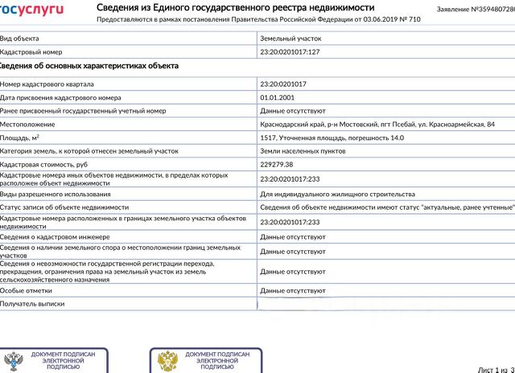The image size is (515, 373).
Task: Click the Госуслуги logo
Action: [31, 9]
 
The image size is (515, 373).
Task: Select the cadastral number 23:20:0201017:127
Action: [290, 51]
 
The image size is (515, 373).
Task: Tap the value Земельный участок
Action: [290, 38]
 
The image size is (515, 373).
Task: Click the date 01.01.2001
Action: [278, 97]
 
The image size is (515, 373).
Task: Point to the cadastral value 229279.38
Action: [278, 164]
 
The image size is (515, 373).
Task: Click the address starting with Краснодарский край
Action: [377, 125]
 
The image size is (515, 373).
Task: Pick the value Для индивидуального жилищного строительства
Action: [337, 194]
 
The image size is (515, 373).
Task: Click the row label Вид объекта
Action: [19, 38]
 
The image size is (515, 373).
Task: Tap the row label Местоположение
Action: [27, 125]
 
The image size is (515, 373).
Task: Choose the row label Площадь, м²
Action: [20, 137]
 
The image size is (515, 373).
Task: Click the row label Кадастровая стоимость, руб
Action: [45, 164]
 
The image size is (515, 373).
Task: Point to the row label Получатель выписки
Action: [32, 304]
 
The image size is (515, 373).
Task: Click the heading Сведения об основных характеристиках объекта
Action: [89, 66]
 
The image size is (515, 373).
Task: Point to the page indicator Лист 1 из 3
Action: [496, 369]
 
